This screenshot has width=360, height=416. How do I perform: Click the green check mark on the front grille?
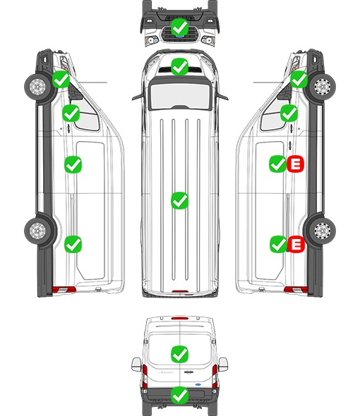(179, 27)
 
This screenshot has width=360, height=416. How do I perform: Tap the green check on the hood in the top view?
(179, 66)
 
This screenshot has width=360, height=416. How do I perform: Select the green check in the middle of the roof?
(179, 200)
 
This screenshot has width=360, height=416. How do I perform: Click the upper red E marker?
(295, 164)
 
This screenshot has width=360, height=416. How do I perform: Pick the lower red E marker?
(296, 244)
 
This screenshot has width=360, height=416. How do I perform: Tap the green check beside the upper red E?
(278, 164)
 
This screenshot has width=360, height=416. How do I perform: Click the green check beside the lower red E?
(278, 244)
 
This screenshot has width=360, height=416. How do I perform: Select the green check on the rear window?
(179, 354)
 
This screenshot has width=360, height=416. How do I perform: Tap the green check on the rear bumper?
(179, 396)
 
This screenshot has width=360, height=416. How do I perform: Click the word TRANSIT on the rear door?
(166, 372)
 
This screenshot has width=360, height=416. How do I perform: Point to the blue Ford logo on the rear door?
(198, 384)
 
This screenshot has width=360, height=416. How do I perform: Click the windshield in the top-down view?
(180, 95)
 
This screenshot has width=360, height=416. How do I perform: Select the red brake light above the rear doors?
(180, 318)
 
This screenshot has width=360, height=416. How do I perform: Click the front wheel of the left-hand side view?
(37, 87)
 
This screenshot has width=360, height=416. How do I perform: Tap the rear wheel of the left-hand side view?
(37, 231)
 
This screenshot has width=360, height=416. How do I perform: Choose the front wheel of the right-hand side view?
(323, 87)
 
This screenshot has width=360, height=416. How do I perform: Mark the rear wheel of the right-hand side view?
(323, 231)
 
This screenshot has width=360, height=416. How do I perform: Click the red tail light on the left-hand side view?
(64, 290)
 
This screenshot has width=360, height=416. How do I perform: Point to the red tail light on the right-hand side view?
(296, 290)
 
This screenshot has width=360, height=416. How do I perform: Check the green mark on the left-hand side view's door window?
(71, 113)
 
